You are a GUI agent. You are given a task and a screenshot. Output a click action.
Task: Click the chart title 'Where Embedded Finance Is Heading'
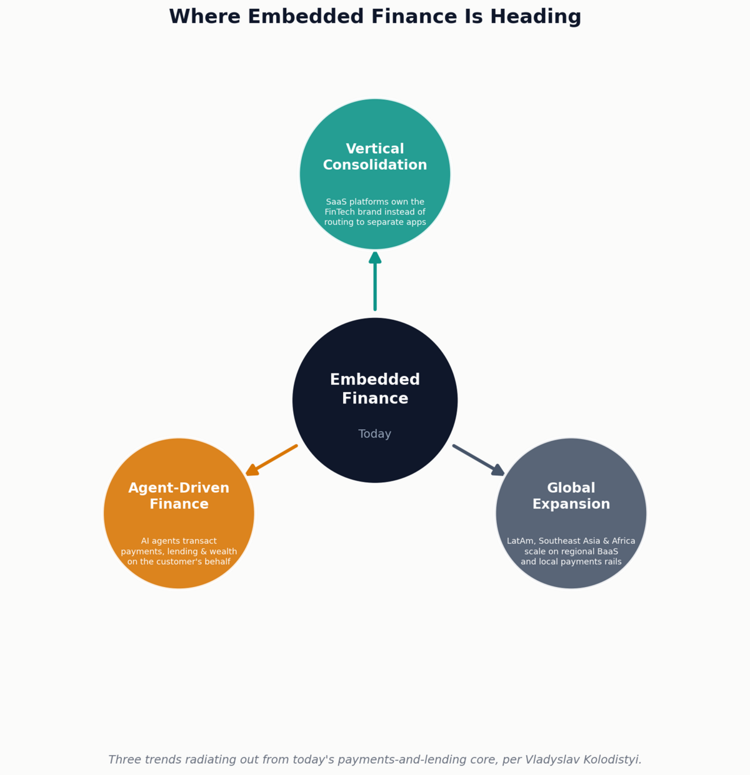point(375,17)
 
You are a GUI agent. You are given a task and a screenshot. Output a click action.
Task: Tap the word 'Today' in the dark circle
point(374,433)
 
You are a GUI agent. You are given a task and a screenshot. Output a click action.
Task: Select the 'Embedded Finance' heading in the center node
point(375,388)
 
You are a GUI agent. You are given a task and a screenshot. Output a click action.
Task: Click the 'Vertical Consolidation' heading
point(375,157)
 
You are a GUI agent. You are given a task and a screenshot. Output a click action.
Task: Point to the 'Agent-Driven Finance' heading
point(179,495)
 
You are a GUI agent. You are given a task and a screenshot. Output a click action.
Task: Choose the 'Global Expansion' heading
point(571,495)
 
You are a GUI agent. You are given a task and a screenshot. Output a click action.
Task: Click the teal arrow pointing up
point(375,281)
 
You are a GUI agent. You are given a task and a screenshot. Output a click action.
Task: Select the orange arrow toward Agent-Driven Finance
point(271,460)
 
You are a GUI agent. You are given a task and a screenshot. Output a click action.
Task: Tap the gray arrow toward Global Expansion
point(479,460)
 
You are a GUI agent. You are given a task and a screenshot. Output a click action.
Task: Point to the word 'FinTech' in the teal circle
point(339,212)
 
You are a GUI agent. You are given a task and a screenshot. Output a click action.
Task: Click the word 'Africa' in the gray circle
point(624,541)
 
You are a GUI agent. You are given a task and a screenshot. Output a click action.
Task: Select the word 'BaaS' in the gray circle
point(607,551)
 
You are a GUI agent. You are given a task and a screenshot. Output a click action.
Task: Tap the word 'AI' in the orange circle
point(145,541)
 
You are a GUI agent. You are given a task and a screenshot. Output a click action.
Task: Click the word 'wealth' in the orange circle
point(223,551)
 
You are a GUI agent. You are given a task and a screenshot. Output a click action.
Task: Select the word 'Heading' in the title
point(536,17)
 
